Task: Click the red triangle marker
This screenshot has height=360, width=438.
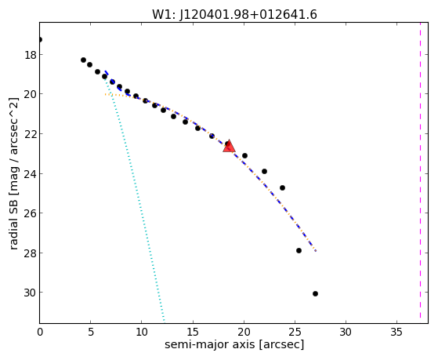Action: [229, 146]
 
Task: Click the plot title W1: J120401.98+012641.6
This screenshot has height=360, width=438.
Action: [234, 14]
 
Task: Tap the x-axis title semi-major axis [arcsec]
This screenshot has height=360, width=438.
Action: [234, 344]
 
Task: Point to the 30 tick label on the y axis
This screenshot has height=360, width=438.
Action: [31, 293]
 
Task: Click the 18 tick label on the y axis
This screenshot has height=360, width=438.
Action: [31, 55]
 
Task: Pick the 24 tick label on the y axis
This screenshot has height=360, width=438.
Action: [31, 174]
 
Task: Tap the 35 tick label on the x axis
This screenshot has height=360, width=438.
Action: [396, 332]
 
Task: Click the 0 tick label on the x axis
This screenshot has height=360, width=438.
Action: [40, 332]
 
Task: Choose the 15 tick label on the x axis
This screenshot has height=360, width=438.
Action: [193, 332]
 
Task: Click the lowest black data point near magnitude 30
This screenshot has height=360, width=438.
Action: [315, 293]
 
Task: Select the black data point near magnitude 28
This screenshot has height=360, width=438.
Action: [299, 251]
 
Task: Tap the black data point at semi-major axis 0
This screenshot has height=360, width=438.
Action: [40, 40]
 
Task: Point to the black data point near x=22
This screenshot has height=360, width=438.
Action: [264, 171]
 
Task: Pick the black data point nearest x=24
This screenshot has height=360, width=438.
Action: [282, 187]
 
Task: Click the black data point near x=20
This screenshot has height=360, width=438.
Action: [244, 155]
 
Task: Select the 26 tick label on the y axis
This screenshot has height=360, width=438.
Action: [31, 213]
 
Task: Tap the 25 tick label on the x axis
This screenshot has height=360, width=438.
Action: [295, 332]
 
